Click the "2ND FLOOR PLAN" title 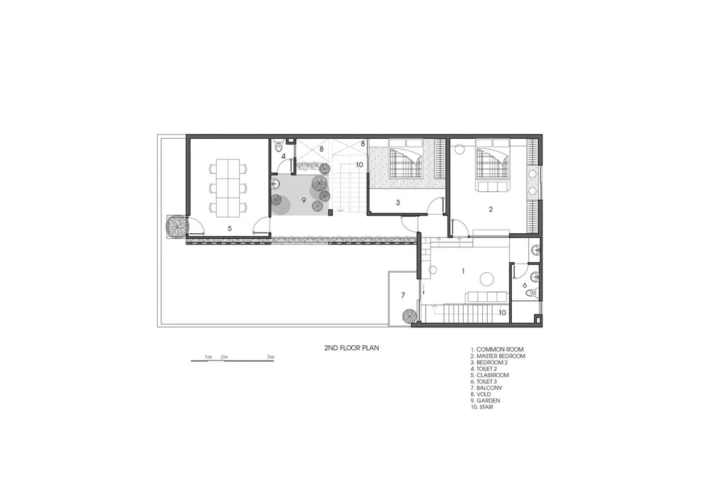pos(351,348)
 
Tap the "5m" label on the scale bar pos(270,357)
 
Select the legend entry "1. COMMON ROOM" pos(497,349)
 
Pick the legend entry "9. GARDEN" pos(486,400)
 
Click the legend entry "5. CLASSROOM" pos(489,376)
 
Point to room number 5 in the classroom pos(229,229)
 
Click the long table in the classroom pos(229,187)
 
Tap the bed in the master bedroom pos(493,160)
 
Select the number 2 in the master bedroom pos(491,209)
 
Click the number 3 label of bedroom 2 pos(398,203)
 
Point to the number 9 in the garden pos(304,200)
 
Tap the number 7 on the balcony pos(404,295)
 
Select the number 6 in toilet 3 pos(525,286)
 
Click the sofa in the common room pos(486,297)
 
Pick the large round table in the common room pos(487,278)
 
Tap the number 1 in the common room pos(463,271)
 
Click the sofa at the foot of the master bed pos(492,186)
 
